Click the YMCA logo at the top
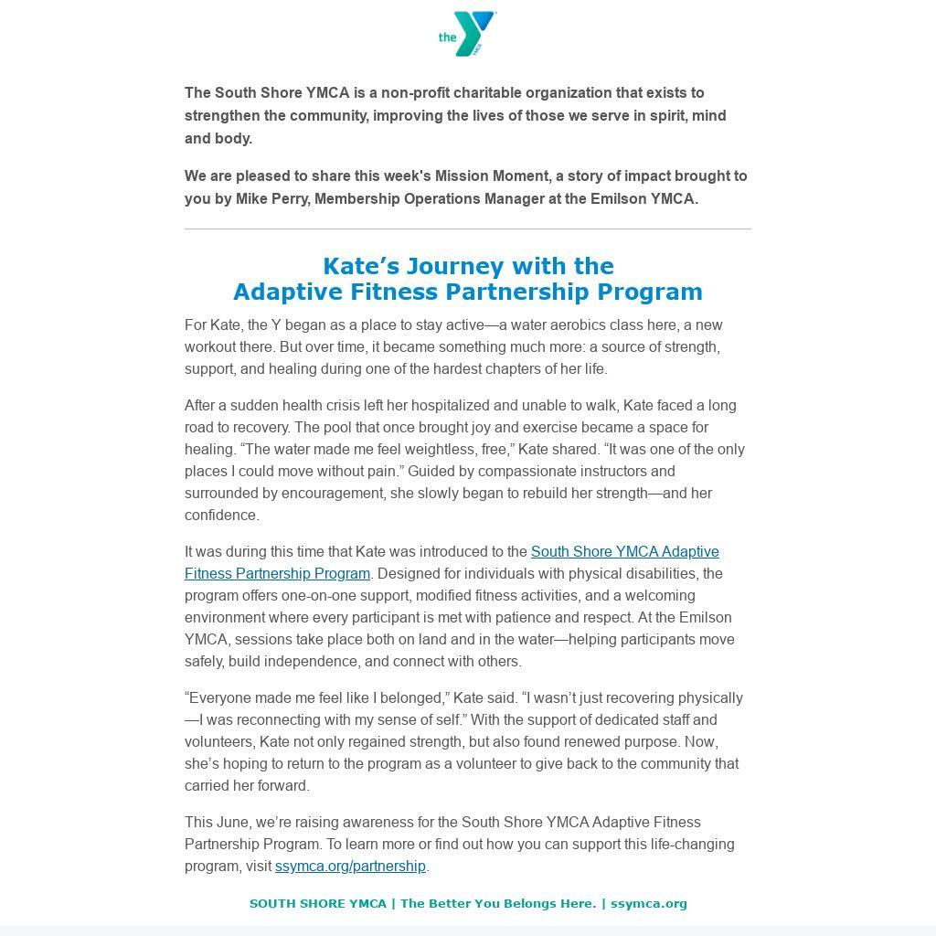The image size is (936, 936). click(x=467, y=34)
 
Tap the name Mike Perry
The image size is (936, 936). click(x=271, y=198)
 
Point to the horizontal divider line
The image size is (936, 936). click(x=467, y=229)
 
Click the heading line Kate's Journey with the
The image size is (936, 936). click(x=467, y=266)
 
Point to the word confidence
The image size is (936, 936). click(x=221, y=515)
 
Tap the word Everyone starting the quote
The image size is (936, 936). click(x=220, y=697)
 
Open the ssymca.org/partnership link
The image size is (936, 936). click(x=350, y=866)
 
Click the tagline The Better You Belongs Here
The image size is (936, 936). click(x=497, y=903)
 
